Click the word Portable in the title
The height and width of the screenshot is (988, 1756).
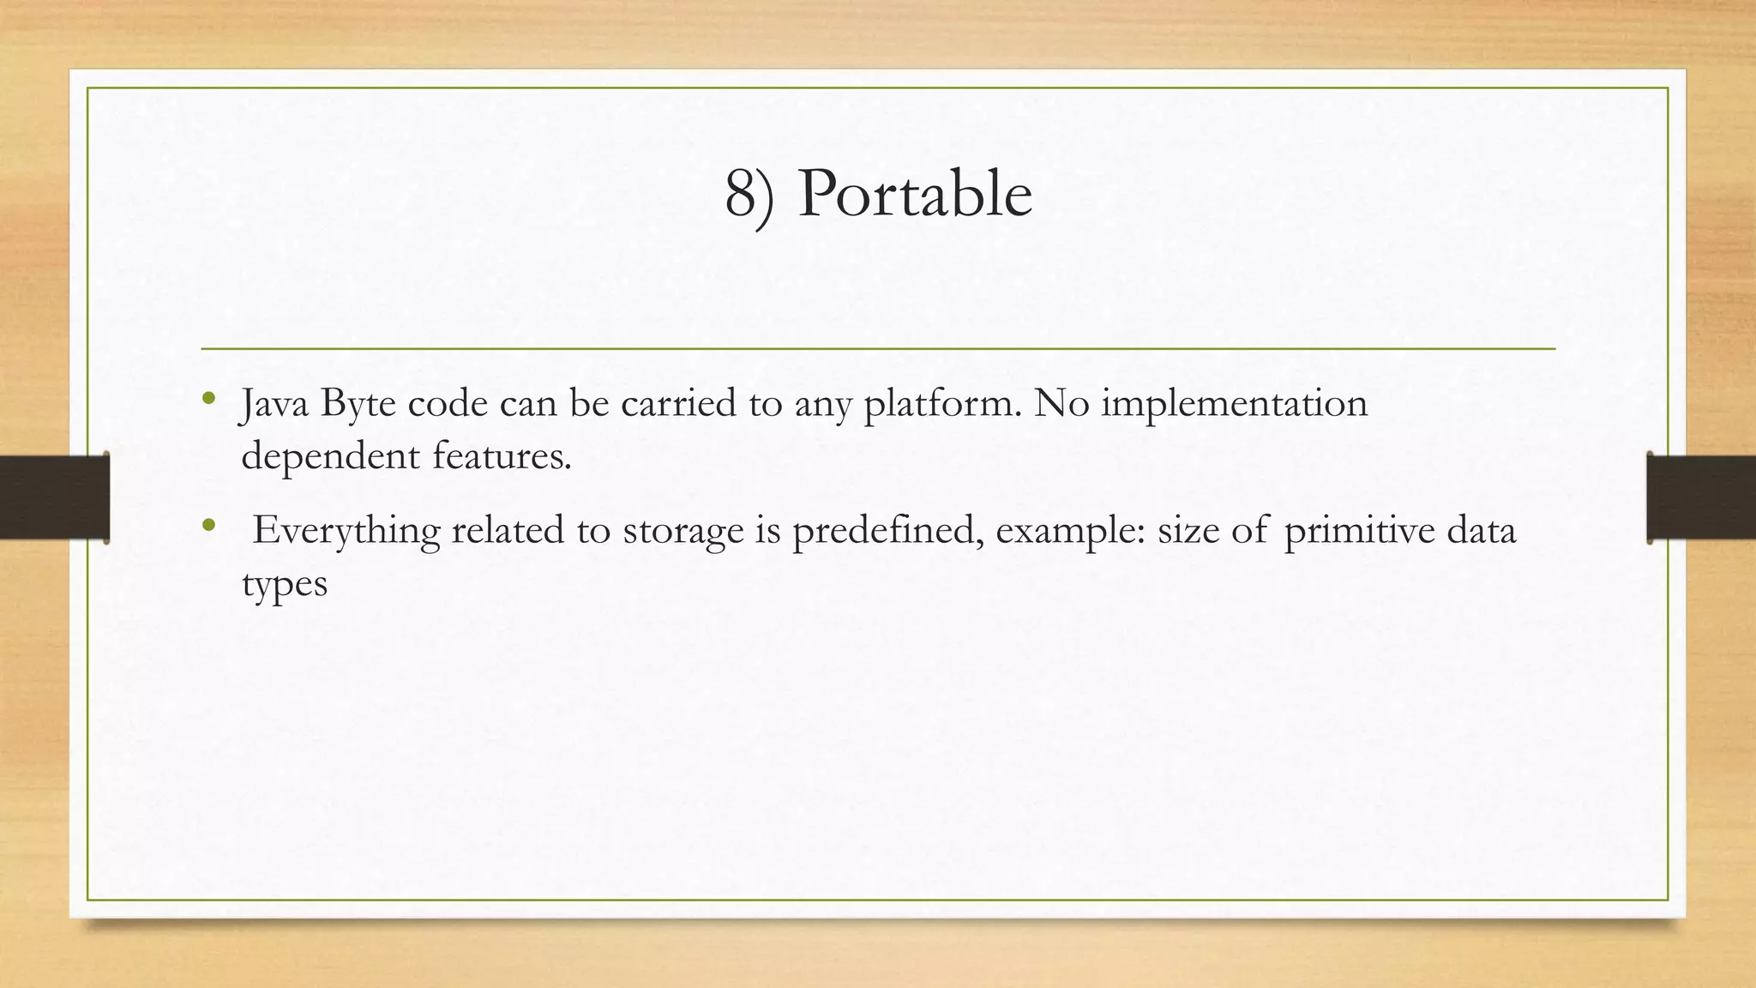tap(914, 195)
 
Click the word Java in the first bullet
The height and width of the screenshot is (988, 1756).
tap(274, 404)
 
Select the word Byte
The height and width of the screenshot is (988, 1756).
tap(358, 404)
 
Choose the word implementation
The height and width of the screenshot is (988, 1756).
tap(1234, 403)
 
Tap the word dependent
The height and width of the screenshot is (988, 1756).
tap(330, 456)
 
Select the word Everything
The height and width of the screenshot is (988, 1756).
tap(346, 531)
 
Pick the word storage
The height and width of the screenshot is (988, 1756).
tap(683, 531)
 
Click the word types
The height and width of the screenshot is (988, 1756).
tap(285, 585)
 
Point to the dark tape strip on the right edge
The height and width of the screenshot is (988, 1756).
tap(1701, 497)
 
